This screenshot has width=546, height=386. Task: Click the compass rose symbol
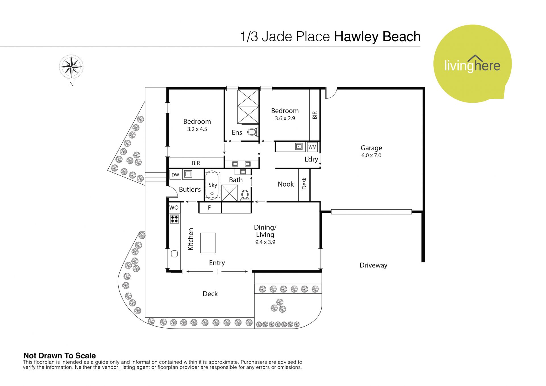pos(71,67)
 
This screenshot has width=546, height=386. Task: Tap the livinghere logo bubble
pos(472,64)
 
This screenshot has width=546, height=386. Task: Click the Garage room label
pos(371,148)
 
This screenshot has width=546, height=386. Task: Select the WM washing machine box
pos(312,147)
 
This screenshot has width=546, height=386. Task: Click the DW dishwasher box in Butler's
pos(175,175)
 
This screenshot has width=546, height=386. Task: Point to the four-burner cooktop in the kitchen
pos(174,219)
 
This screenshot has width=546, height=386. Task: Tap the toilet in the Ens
pos(252,132)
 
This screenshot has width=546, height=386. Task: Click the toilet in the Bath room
pos(245,195)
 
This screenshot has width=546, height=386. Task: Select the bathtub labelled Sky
pos(212,185)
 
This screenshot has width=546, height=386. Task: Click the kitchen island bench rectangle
pos(208,243)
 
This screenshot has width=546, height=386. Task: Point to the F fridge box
pos(210,208)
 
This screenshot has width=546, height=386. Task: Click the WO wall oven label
pos(174,208)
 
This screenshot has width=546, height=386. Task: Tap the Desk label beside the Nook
pos(304,183)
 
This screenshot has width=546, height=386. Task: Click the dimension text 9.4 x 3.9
pos(265,242)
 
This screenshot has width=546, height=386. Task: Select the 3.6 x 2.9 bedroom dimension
pos(285,118)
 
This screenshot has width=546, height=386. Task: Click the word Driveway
pos(373,265)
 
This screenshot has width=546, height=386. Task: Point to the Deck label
pos(210,294)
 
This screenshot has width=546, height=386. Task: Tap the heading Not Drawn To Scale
pos(59,356)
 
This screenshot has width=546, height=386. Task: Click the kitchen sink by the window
pos(174,254)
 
